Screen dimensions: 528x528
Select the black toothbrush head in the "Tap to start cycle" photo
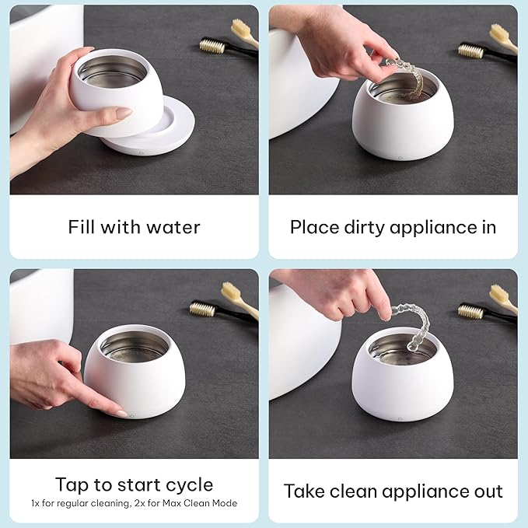pos(202,309)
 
